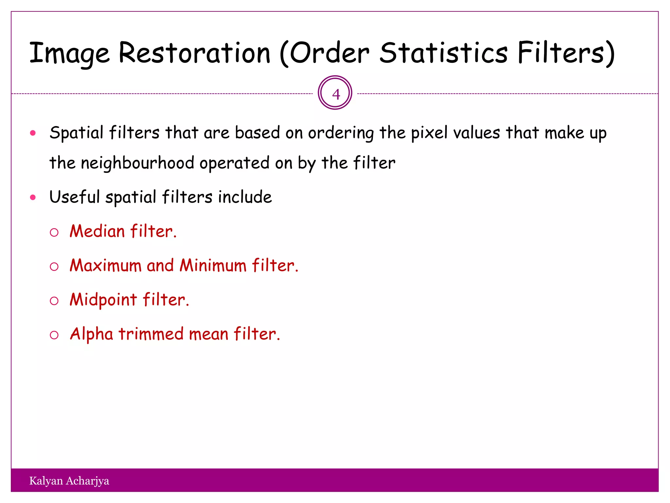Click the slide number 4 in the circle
tap(335, 94)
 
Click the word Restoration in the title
tap(194, 53)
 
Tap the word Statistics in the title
tap(443, 53)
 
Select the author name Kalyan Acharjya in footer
tap(69, 481)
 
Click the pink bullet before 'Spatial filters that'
tap(33, 133)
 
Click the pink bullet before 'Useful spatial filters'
tap(33, 197)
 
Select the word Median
tap(97, 231)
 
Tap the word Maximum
tap(105, 265)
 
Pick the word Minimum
tap(213, 265)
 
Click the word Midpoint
tap(103, 300)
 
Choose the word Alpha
tap(92, 334)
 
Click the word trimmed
tap(151, 334)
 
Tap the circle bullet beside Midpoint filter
tap(54, 301)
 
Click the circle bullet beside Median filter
tap(54, 233)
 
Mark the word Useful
tap(74, 197)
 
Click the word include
tap(245, 197)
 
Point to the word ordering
tap(341, 133)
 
